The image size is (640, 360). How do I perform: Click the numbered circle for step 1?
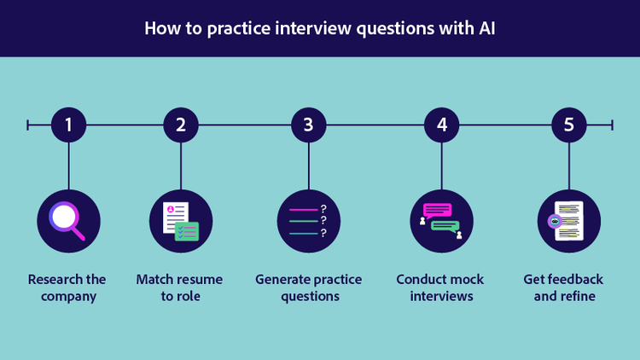coord(68,125)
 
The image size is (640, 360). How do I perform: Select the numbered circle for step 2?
coord(181,125)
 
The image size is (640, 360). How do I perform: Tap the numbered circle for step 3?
coord(309,125)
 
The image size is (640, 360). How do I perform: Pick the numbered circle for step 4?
coord(442,125)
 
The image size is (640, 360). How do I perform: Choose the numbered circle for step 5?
coord(569,125)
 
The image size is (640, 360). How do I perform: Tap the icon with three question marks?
coord(309,221)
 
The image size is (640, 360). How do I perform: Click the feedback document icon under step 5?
coord(569,221)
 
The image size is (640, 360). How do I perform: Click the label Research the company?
coord(67,287)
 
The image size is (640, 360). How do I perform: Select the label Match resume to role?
coord(179,287)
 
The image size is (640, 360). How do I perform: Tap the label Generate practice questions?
coord(309,287)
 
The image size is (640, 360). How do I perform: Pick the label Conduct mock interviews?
coord(440,287)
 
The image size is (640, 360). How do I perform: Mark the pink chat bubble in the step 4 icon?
coord(437,211)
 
